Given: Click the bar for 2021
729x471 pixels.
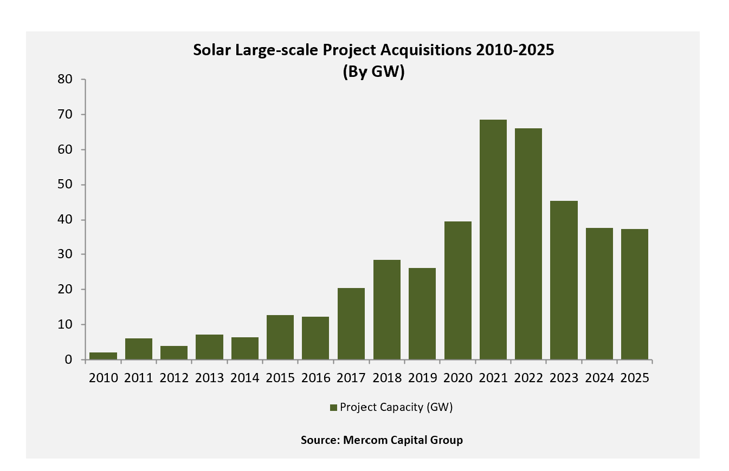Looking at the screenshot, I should pos(493,239).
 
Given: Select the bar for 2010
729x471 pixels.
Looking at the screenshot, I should pos(103,356).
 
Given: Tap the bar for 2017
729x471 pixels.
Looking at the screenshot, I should pos(351,324).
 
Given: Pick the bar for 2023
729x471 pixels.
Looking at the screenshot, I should pos(564,280).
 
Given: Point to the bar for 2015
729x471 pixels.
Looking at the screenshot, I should pos(280,337).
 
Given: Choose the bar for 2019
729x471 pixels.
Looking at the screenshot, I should pos(422,313).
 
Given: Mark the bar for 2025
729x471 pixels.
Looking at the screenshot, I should pos(634,294).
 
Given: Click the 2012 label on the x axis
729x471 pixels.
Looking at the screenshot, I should pos(174,378).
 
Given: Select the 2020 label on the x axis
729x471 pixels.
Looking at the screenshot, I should pos(457,378).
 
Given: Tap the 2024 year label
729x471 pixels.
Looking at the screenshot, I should pos(599,378).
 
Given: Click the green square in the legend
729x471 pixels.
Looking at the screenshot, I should pos(334,408).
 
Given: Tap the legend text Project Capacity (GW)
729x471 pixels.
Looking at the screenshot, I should pos(396,408).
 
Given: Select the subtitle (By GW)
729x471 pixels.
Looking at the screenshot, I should pos(373,72).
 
